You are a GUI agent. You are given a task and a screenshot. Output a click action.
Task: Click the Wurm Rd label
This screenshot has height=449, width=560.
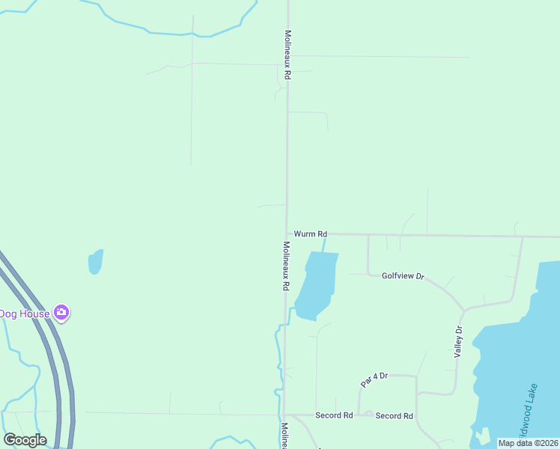310,234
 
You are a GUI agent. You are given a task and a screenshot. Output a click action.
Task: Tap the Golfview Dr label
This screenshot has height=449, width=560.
403,276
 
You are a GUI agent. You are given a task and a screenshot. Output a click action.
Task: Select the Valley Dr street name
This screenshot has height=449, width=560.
459,342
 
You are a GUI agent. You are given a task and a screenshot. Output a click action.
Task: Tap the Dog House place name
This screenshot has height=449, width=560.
24,314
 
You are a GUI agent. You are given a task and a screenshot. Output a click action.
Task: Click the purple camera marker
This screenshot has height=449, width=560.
61,313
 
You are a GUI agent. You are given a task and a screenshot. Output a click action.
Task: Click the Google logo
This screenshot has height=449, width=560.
25,440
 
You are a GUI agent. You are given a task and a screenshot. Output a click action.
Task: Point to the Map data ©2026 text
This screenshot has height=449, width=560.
528,443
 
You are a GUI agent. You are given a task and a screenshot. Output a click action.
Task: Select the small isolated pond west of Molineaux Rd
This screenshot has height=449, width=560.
95,262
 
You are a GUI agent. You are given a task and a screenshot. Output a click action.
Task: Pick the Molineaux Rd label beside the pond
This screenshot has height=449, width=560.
285,266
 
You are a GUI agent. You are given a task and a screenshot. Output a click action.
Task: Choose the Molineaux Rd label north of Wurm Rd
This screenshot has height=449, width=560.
287,55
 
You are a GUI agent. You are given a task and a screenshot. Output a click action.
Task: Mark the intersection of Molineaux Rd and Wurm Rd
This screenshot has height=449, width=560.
286,234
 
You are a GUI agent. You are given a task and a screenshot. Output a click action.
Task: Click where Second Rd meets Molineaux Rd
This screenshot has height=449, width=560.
284,415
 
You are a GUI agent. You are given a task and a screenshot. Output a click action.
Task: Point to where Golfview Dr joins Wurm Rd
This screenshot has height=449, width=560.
368,236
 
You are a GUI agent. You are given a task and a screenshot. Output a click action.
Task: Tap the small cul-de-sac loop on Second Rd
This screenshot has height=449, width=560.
368,414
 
